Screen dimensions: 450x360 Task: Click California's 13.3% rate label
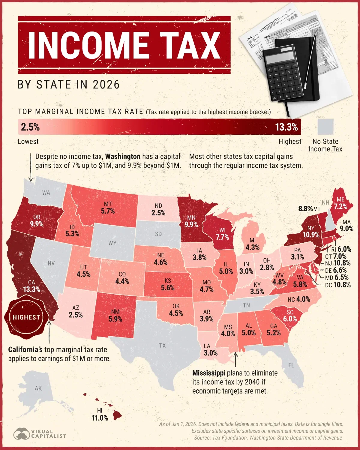coord(31,289)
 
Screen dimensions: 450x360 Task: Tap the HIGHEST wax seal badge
coord(26,317)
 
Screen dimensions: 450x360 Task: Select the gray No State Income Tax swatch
coord(325,127)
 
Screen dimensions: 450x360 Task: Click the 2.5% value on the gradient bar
coord(30,127)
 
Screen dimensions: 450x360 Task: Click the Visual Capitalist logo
coord(40,433)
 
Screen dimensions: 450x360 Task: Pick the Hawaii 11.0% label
coord(100,418)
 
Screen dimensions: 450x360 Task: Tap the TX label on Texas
coord(162,346)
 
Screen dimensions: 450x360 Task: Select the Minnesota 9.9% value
coord(191,224)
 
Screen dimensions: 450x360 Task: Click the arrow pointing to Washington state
coord(31,168)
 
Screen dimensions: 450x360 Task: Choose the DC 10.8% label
coord(338,285)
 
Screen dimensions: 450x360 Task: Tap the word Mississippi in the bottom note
coord(208,373)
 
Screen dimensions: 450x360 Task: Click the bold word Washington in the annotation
coord(123,157)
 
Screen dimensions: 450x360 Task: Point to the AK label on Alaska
coord(38,388)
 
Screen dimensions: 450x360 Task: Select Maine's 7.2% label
coord(340,206)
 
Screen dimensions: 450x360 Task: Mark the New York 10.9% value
coord(311,235)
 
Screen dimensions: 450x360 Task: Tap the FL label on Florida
coord(291,365)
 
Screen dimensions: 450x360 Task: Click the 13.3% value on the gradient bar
coord(286,127)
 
